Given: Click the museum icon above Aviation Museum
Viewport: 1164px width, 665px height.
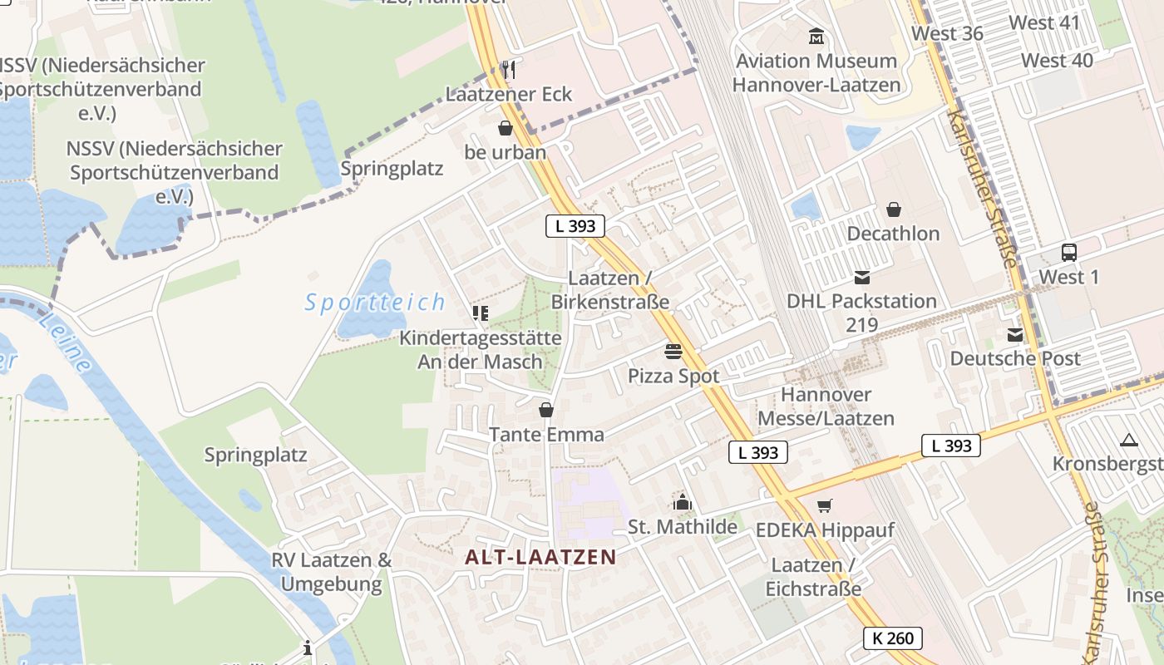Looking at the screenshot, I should point(816,37).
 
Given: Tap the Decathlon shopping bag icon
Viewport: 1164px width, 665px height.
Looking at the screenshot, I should point(894,209).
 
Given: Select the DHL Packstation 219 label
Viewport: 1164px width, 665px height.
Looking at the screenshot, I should point(861,312).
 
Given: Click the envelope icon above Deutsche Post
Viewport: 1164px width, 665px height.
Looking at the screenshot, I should point(1015,335).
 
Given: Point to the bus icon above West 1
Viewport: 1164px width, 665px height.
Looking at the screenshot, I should point(1069,253).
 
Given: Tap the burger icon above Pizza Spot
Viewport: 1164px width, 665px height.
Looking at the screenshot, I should point(673,352).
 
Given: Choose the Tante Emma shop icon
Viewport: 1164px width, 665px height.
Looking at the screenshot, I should point(546,410).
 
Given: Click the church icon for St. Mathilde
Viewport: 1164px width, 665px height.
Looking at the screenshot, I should point(683,502).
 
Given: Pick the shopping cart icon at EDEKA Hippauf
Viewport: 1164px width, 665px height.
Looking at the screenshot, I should point(825,505).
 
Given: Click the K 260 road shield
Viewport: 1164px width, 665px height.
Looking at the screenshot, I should point(893,638).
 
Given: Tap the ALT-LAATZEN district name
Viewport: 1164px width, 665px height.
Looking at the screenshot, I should point(540,557).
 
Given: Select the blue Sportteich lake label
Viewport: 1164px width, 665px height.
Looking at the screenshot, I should point(375,303).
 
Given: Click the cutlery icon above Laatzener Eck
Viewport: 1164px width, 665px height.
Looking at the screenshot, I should point(509,69).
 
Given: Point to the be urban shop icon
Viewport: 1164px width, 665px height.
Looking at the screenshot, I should point(505,128).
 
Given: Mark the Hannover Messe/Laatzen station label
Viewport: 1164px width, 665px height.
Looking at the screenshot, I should point(826,406).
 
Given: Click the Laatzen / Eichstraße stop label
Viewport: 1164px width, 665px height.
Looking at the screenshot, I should point(813,577).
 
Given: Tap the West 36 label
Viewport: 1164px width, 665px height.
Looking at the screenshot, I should point(947,33).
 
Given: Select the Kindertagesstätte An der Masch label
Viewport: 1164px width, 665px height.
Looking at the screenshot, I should point(481,349).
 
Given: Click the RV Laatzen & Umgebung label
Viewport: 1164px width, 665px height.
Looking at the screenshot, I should point(331,571).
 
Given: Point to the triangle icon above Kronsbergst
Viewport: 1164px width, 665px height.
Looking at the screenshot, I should point(1128,440).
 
